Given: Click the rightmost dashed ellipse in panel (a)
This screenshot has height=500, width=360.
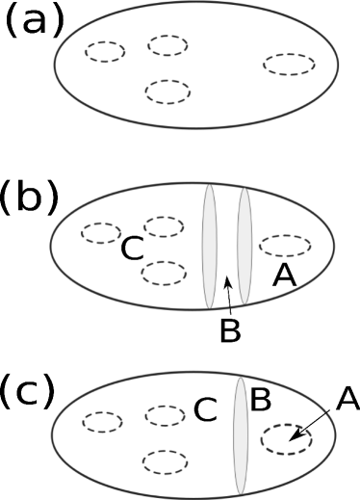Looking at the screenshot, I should tap(289, 65).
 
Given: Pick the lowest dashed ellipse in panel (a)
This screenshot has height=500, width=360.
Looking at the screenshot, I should tap(167, 91).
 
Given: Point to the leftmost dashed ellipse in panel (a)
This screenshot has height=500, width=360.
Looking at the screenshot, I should tap(104, 51).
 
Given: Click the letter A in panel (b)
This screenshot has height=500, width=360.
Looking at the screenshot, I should tap(283, 276).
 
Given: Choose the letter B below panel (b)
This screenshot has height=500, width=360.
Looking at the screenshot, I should tap(229, 329).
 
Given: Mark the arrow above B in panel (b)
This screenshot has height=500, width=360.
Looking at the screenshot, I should tap(226, 288).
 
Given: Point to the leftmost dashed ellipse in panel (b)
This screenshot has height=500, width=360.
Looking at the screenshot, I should tap(100, 232).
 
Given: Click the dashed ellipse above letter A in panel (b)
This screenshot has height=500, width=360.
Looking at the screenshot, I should tap(286, 244).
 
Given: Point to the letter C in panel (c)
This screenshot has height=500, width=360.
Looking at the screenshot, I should tap(204, 410).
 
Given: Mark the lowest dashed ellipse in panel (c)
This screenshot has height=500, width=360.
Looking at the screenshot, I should tap(163, 461).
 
